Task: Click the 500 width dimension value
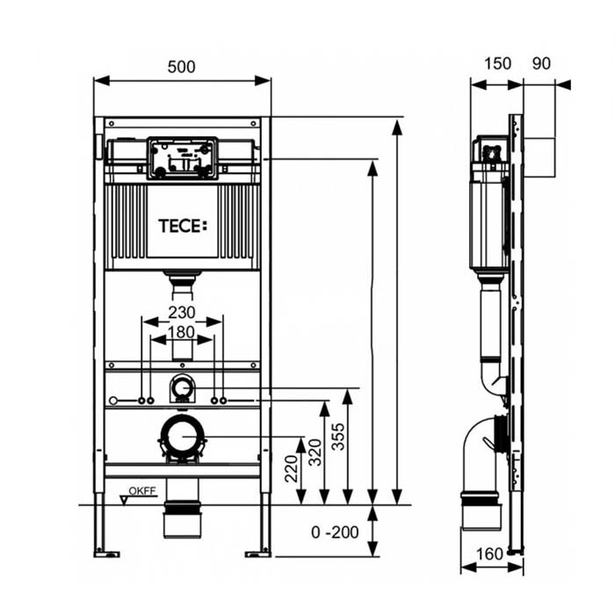click(x=182, y=67)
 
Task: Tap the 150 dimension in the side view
click(x=496, y=63)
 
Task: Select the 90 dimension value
click(x=542, y=63)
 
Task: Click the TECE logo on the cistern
click(x=183, y=226)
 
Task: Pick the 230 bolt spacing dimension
click(x=182, y=311)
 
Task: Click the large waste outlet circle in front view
click(x=182, y=437)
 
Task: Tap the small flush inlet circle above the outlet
click(x=182, y=386)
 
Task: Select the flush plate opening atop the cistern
click(x=182, y=158)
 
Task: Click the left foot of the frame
click(x=106, y=552)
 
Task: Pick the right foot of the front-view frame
click(x=258, y=552)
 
